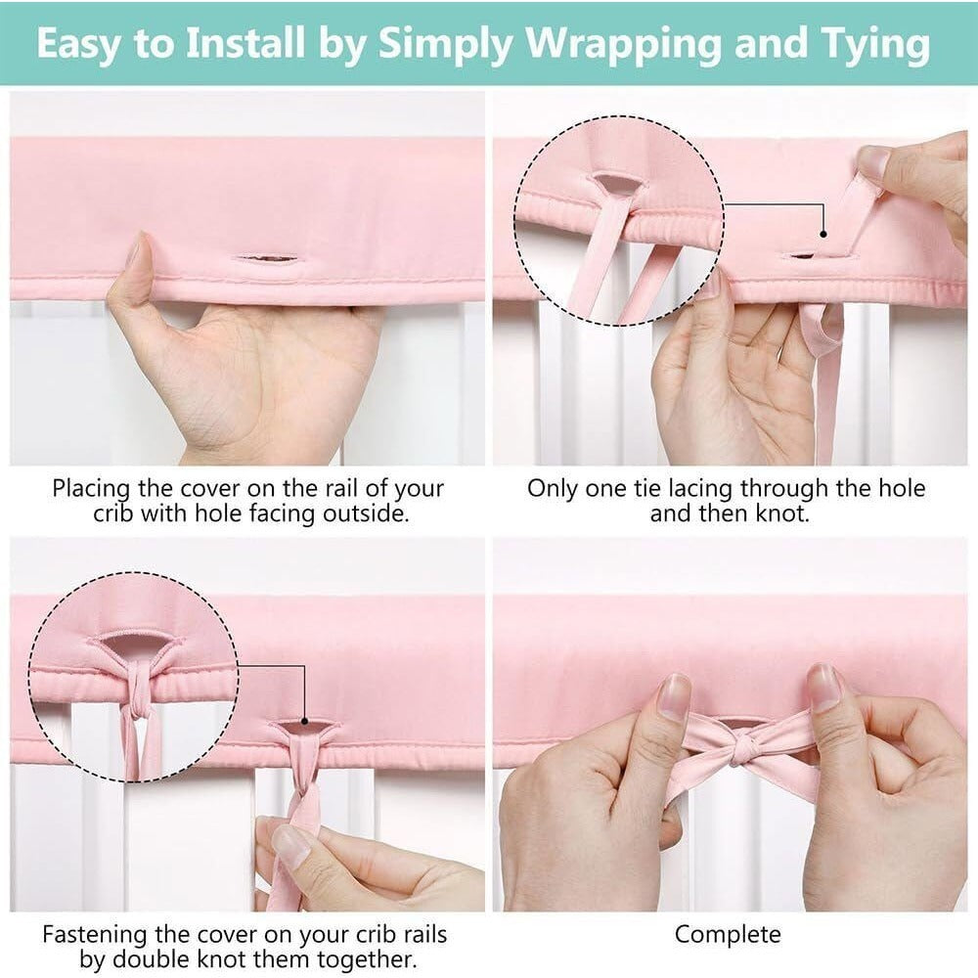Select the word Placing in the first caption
pyautogui.click(x=91, y=489)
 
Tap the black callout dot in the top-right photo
pyautogui.click(x=823, y=235)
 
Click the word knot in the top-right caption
pyautogui.click(x=782, y=513)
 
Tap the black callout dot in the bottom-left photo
pyautogui.click(x=304, y=721)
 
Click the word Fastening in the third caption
pyautogui.click(x=96, y=934)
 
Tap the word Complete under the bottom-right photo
pyautogui.click(x=728, y=935)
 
